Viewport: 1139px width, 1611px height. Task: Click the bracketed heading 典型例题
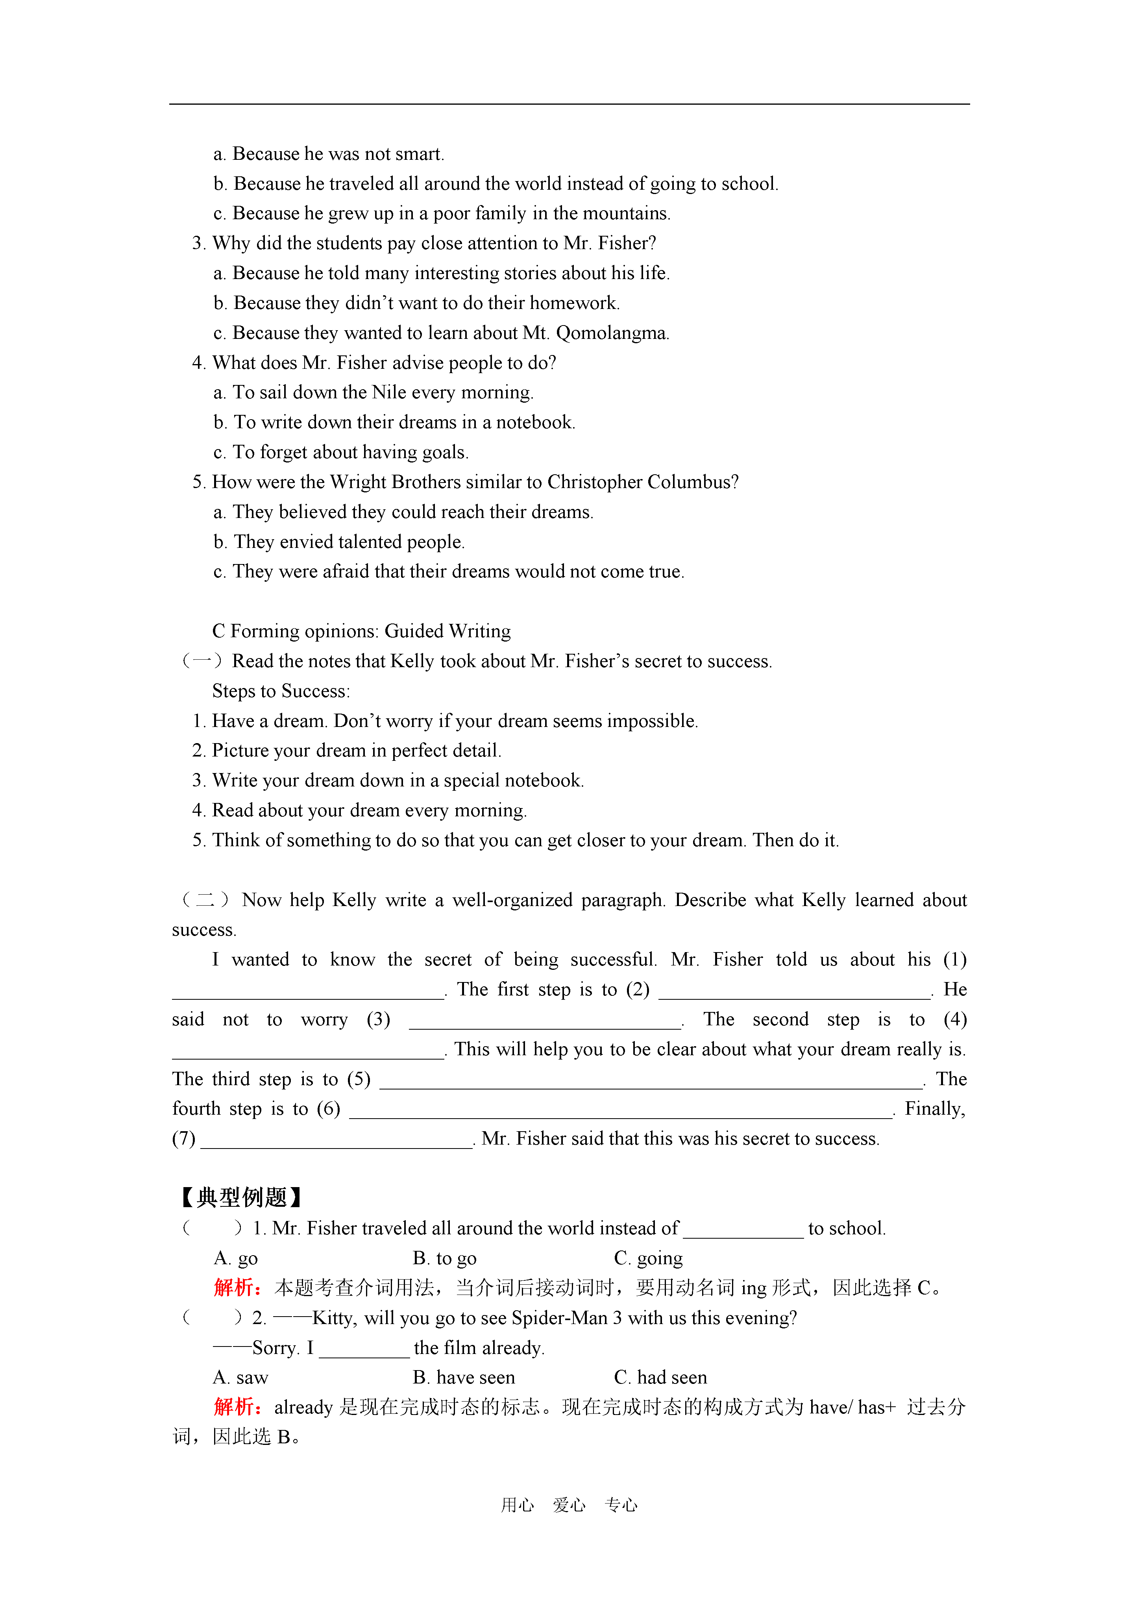(241, 1198)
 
